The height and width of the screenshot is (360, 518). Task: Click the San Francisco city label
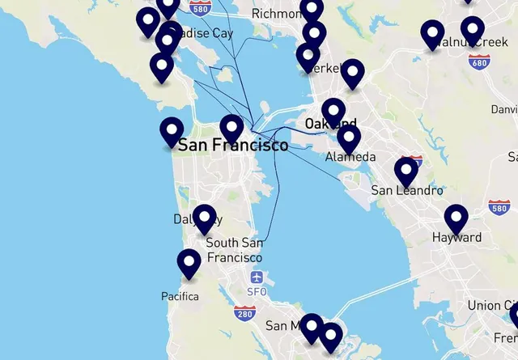click(x=233, y=146)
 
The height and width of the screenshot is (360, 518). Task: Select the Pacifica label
click(x=180, y=296)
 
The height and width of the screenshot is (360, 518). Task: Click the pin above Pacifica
click(x=189, y=262)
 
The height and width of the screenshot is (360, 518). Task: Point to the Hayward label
click(x=457, y=238)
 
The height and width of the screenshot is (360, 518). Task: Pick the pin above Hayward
click(x=456, y=218)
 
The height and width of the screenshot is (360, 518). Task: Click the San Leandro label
click(x=407, y=191)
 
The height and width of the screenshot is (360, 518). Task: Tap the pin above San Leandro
click(x=406, y=171)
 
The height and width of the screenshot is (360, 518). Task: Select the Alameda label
click(x=350, y=157)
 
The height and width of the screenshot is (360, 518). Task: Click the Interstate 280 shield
click(x=244, y=312)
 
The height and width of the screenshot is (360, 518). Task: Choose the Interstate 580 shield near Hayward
click(x=499, y=208)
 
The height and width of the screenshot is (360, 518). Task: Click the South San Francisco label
click(x=234, y=250)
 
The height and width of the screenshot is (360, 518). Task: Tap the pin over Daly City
click(x=205, y=218)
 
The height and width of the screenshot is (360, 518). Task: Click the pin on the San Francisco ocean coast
click(x=172, y=131)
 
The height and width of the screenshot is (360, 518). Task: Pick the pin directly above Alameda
click(x=349, y=138)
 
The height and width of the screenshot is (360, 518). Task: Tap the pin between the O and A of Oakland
click(x=333, y=112)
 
